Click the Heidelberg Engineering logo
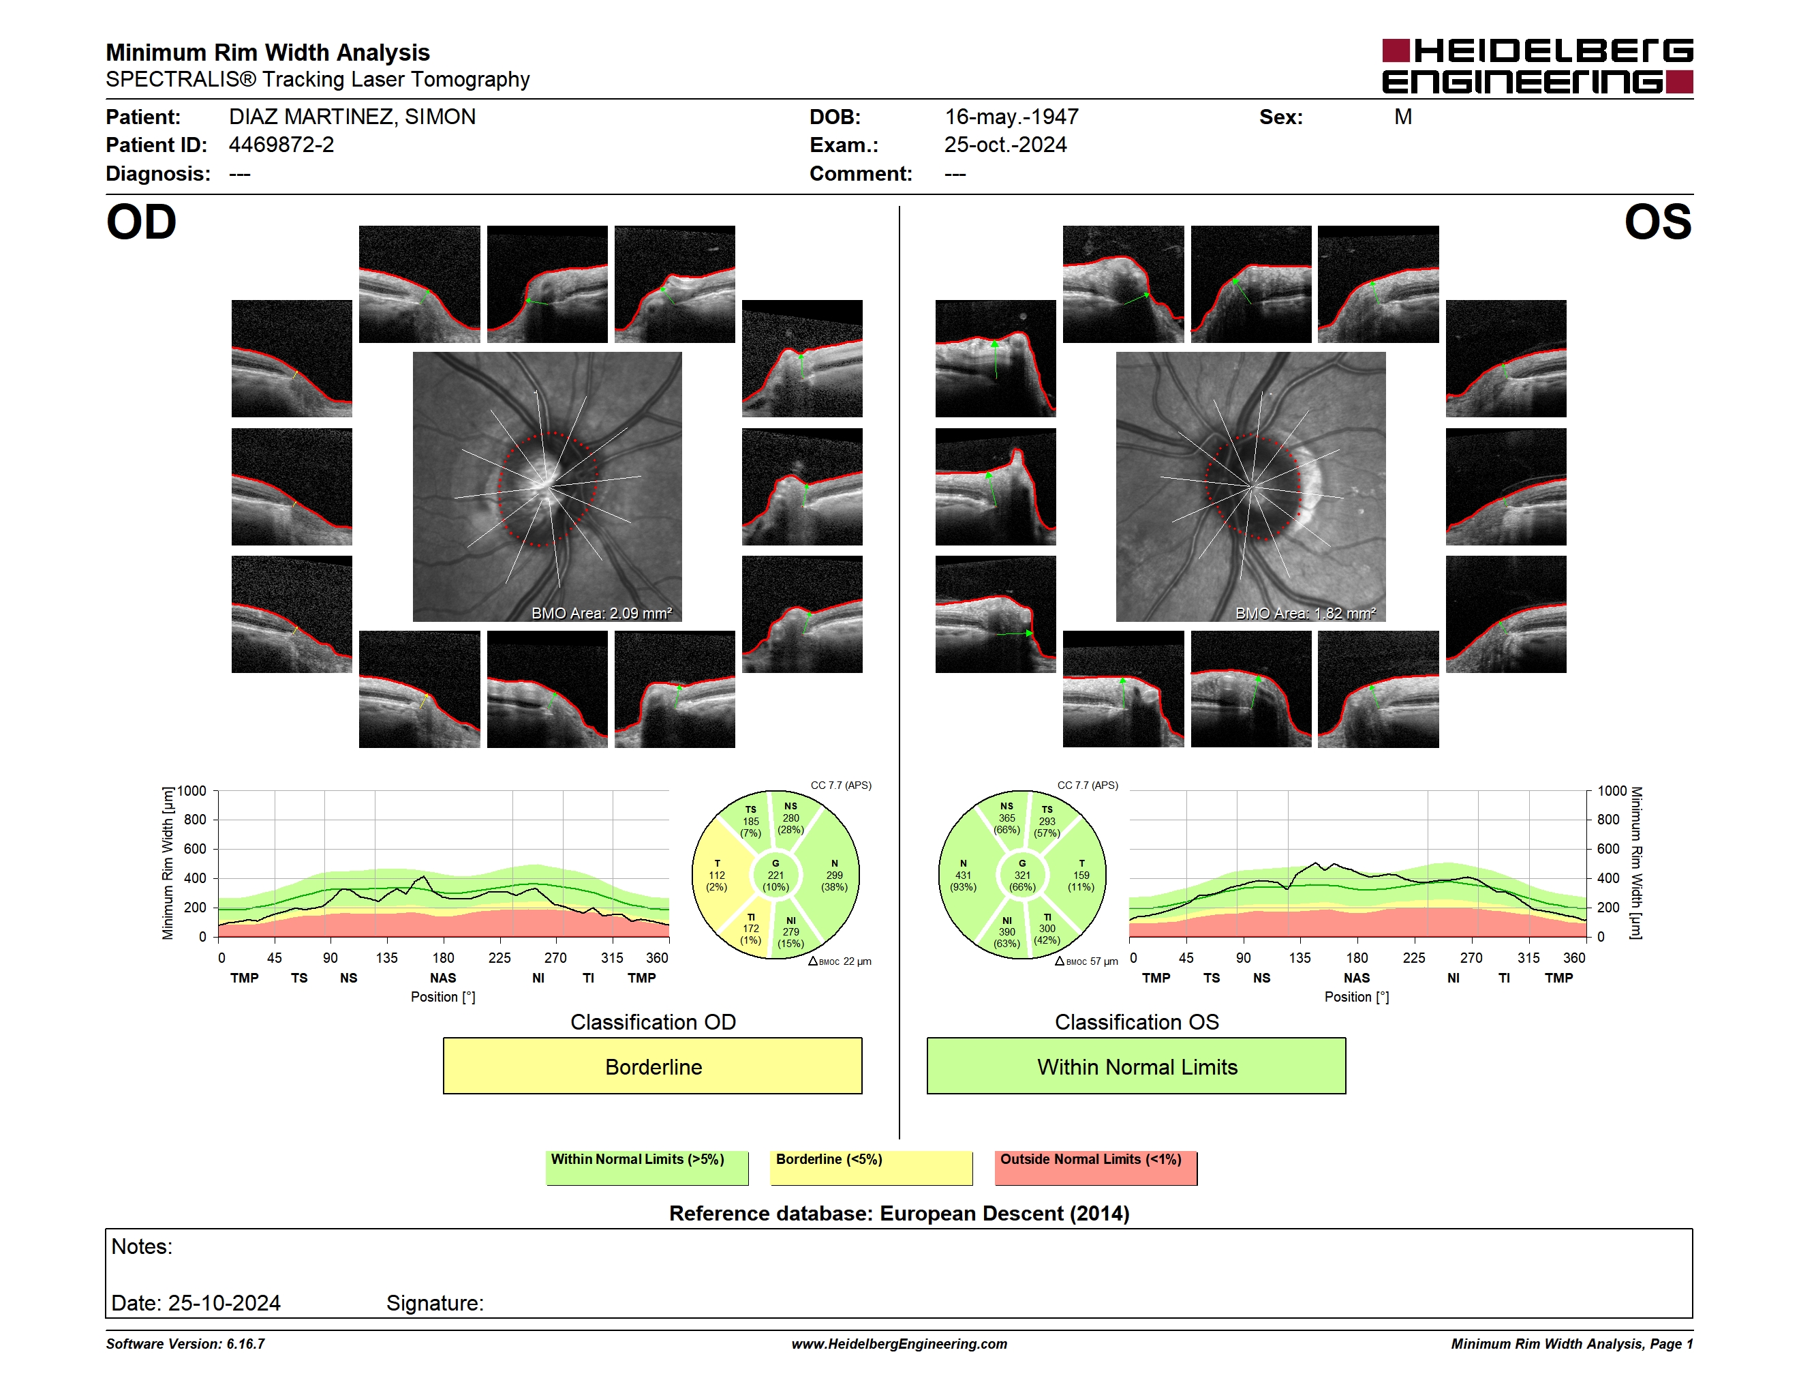(1537, 66)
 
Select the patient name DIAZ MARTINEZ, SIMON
(352, 117)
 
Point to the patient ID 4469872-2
(281, 145)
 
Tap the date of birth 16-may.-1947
(1011, 117)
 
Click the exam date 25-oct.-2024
(1005, 145)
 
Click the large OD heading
(141, 222)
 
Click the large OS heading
(1657, 222)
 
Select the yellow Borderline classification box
(652, 1066)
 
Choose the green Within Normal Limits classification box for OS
(1137, 1066)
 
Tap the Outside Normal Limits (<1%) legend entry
(1096, 1167)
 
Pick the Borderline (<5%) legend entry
(871, 1167)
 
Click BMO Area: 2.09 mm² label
(601, 613)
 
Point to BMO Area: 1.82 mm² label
(1306, 613)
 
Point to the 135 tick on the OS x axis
(1300, 957)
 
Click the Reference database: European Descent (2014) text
(899, 1213)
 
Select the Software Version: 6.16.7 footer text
(185, 1344)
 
